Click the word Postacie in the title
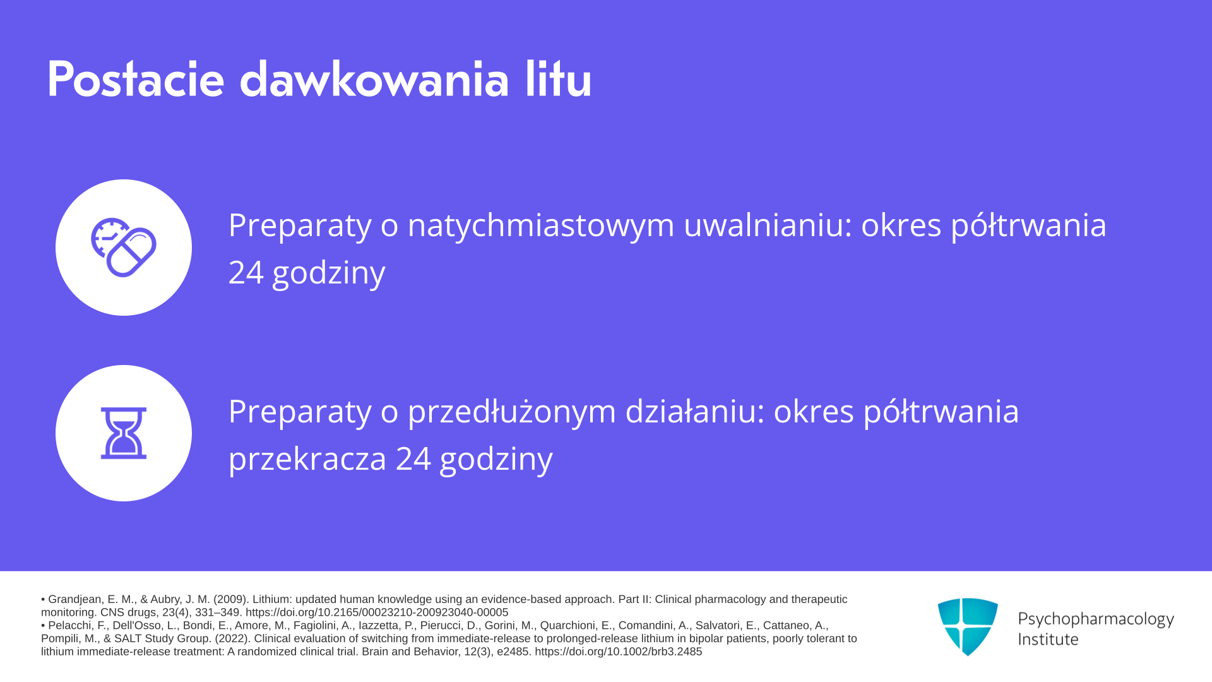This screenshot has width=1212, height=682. click(x=136, y=80)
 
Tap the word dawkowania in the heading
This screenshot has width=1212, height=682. click(x=374, y=80)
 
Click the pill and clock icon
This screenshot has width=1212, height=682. click(x=124, y=247)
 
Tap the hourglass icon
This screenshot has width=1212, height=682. click(x=124, y=433)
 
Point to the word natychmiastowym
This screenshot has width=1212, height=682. click(x=541, y=225)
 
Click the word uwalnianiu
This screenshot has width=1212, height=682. click(x=768, y=225)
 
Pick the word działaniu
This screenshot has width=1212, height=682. click(x=695, y=411)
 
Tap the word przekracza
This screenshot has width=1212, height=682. click(x=307, y=459)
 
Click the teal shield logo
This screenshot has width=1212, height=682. click(x=968, y=626)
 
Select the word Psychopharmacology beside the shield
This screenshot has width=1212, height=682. click(x=1096, y=619)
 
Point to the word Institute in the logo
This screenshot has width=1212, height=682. click(x=1049, y=639)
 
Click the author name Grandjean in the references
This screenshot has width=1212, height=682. click(x=76, y=599)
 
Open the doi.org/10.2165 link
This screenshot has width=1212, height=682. click(x=377, y=613)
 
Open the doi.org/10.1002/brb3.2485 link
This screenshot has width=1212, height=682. click(x=619, y=652)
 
